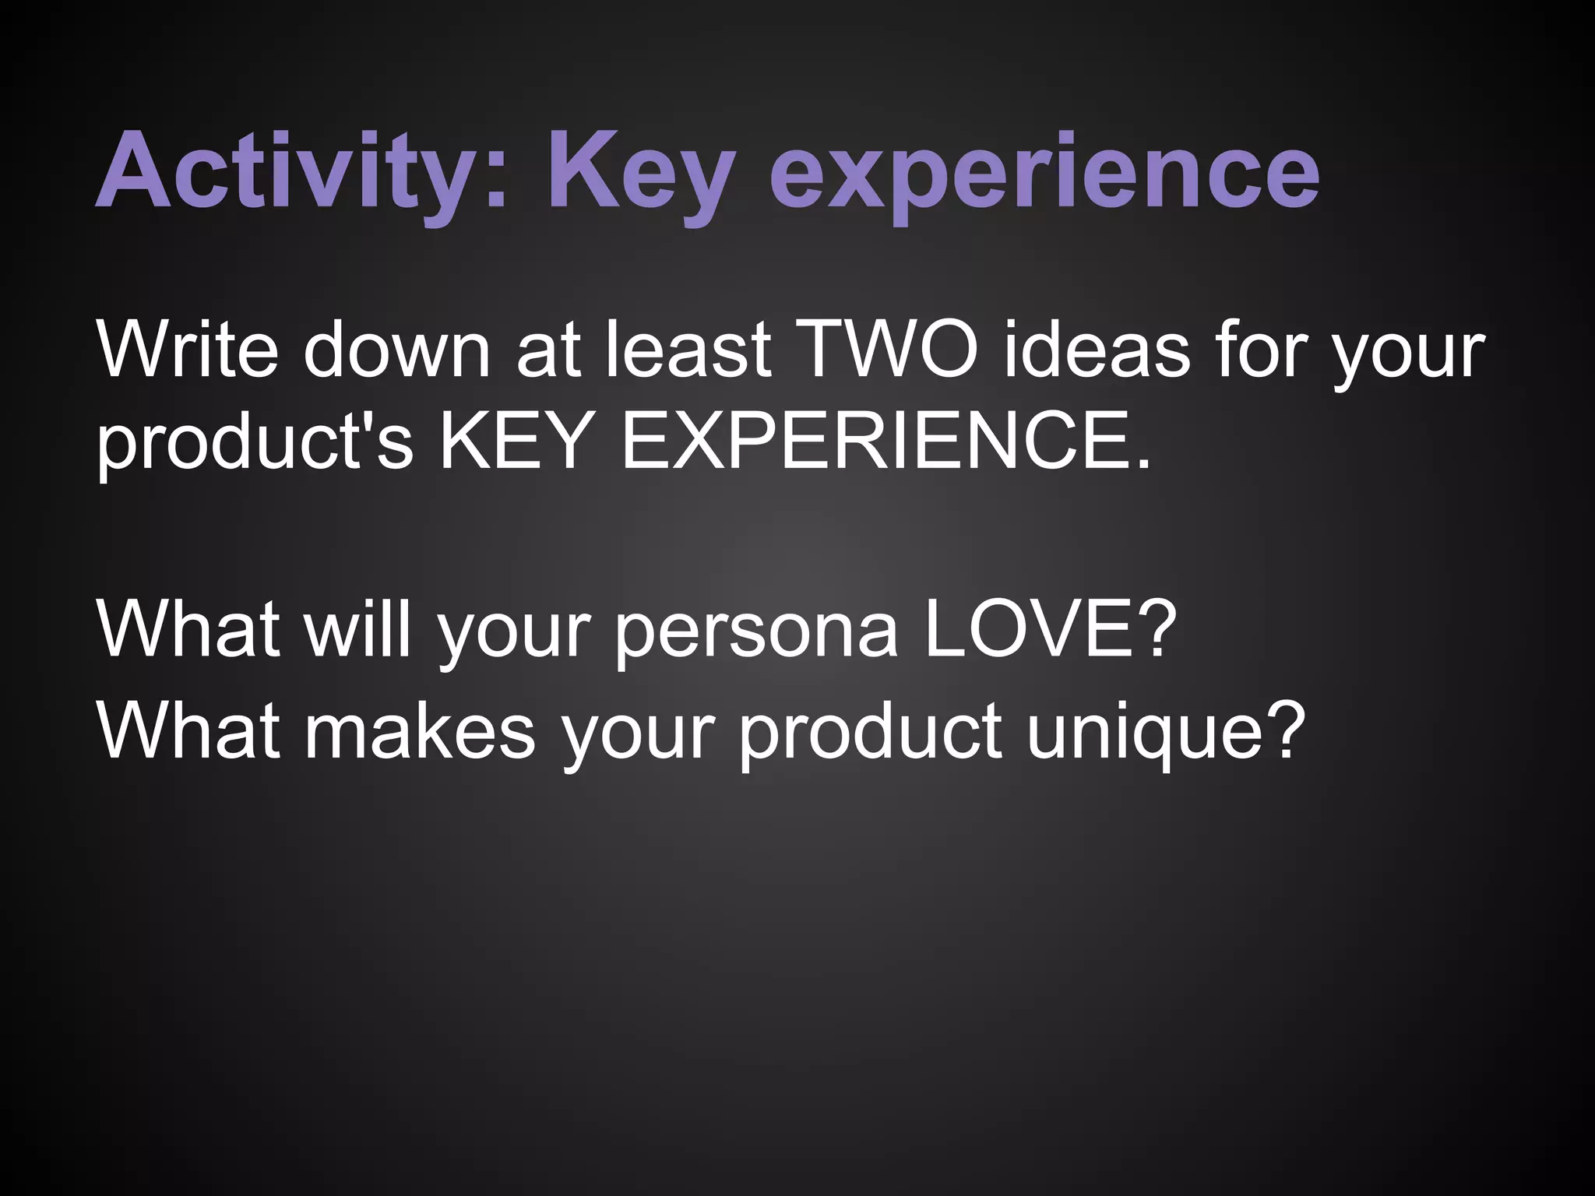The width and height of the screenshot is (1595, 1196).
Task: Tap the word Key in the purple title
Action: point(640,171)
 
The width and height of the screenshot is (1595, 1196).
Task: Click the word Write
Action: point(187,350)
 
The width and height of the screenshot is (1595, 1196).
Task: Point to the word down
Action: point(397,350)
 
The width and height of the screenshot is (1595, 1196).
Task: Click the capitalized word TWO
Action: point(887,350)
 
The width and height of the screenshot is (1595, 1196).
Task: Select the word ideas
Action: point(1097,350)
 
